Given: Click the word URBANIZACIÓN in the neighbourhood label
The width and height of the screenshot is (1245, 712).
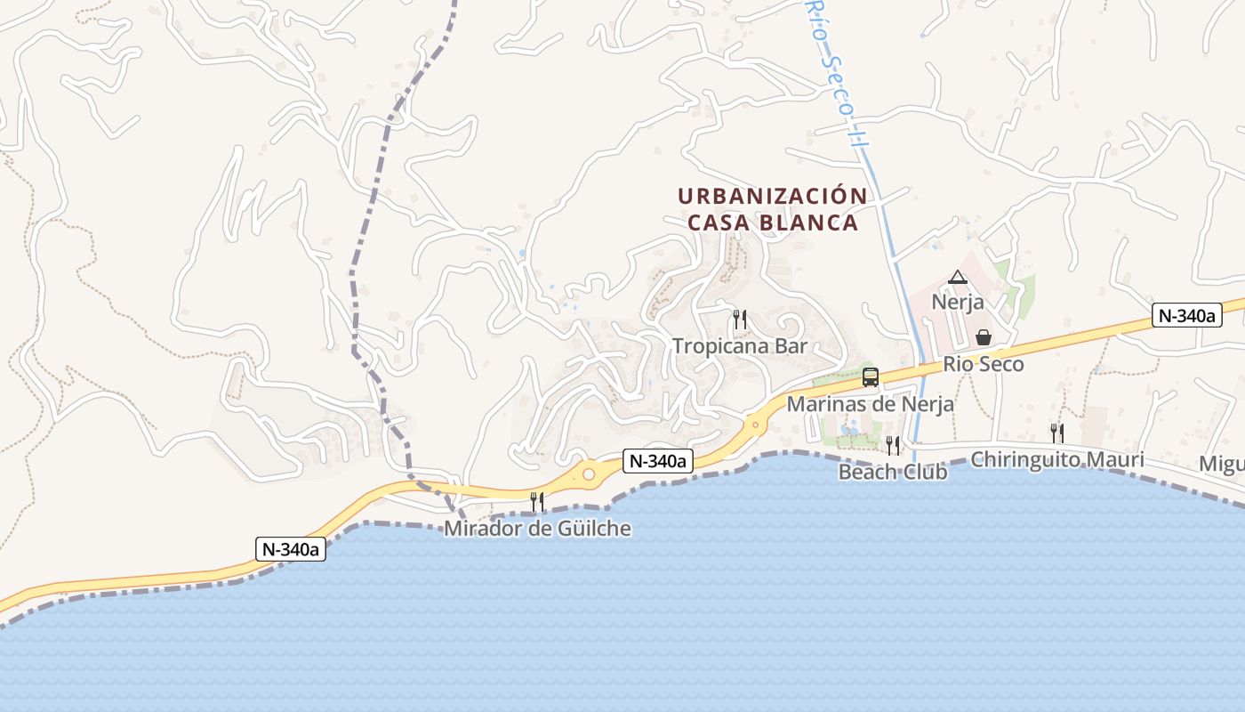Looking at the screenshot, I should pyautogui.click(x=772, y=196).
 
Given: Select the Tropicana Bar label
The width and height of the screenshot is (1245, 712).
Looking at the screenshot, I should pyautogui.click(x=740, y=346).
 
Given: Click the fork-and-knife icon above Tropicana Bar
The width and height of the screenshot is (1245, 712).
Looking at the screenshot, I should pyautogui.click(x=739, y=320).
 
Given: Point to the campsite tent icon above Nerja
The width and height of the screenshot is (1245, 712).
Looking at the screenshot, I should pyautogui.click(x=957, y=278).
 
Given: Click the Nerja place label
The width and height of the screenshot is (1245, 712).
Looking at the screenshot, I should pyautogui.click(x=958, y=302).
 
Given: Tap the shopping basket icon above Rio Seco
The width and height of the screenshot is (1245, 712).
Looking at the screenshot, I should pyautogui.click(x=984, y=337).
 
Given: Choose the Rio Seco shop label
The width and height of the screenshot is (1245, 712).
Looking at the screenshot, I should pyautogui.click(x=984, y=364).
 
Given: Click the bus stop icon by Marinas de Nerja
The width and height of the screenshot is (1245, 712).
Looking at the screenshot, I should pyautogui.click(x=871, y=377).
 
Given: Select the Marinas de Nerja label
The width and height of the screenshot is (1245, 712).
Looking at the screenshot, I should pyautogui.click(x=871, y=404).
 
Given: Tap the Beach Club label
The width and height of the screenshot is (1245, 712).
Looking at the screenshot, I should pyautogui.click(x=893, y=472).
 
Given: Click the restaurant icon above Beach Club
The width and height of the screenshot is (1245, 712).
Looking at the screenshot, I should pyautogui.click(x=893, y=445).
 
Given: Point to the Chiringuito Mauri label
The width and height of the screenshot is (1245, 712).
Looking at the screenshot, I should pyautogui.click(x=1057, y=460).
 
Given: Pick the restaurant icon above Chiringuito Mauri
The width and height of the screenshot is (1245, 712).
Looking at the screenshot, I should pyautogui.click(x=1057, y=433).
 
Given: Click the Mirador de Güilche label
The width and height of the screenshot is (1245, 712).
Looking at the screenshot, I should pyautogui.click(x=538, y=529).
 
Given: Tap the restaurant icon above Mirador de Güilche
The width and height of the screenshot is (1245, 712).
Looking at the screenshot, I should pyautogui.click(x=537, y=502).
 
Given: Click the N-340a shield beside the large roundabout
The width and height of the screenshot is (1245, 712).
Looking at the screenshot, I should pyautogui.click(x=658, y=461).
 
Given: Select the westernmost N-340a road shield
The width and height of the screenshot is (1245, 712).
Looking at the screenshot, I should pyautogui.click(x=291, y=549).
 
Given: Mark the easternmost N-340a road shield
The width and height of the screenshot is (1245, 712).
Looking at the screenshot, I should pyautogui.click(x=1187, y=315).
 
